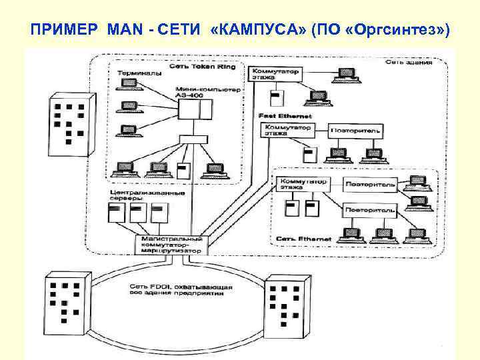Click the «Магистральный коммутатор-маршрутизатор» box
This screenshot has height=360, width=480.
[x=171, y=243]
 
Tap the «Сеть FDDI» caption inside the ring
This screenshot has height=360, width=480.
[x=180, y=291]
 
